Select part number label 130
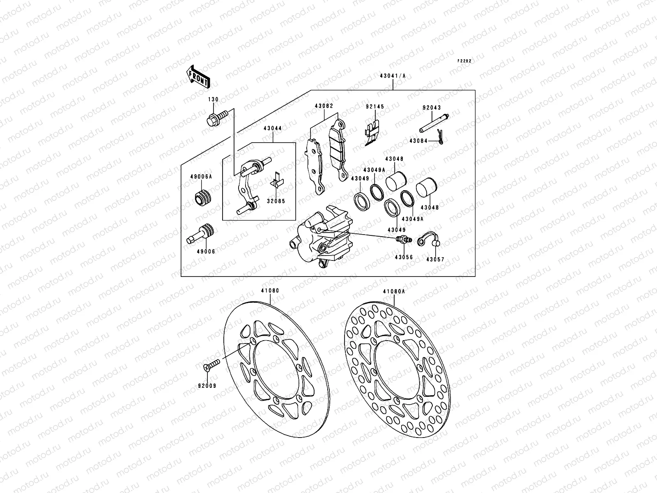213,100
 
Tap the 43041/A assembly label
393,76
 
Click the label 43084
418,141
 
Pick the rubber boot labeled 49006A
202,198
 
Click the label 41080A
394,291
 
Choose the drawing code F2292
465,61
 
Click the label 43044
273,128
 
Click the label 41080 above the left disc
271,290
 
